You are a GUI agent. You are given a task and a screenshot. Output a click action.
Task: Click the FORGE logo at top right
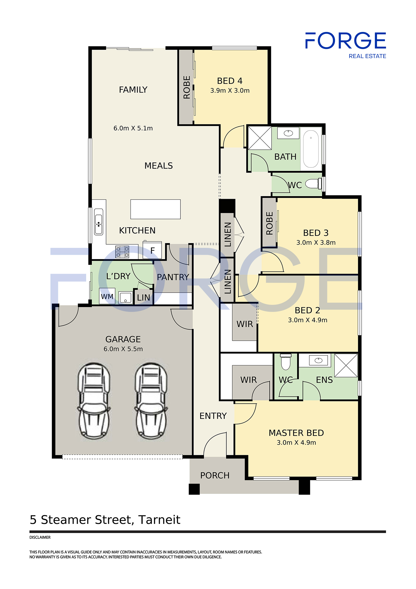(345, 45)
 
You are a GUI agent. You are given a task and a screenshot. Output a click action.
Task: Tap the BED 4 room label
(230, 81)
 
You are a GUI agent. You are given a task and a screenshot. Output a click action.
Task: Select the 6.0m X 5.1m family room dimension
(133, 128)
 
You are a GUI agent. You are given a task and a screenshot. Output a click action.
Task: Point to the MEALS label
(159, 166)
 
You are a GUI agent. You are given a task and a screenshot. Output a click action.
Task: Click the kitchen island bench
(155, 209)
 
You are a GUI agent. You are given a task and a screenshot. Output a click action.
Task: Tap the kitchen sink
(98, 222)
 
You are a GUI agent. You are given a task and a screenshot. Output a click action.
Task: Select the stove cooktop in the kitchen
(122, 252)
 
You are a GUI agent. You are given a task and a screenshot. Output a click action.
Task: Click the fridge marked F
(152, 250)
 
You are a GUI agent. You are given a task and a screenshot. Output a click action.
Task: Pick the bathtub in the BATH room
(311, 149)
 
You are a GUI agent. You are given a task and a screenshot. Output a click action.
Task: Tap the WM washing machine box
(107, 296)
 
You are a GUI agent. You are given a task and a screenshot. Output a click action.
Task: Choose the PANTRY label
(173, 277)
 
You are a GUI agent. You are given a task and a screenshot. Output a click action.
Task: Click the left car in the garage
(94, 401)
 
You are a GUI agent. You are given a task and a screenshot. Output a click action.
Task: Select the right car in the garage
(151, 401)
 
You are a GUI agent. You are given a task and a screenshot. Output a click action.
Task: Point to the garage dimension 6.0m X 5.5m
(123, 349)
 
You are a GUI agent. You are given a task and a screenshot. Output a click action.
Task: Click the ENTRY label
(213, 416)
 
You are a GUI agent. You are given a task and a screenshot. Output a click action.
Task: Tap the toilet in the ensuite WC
(286, 362)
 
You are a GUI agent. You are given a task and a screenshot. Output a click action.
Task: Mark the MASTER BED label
(296, 433)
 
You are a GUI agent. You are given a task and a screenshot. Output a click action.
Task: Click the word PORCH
(215, 475)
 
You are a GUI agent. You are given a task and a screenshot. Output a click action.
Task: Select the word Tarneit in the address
(159, 520)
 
